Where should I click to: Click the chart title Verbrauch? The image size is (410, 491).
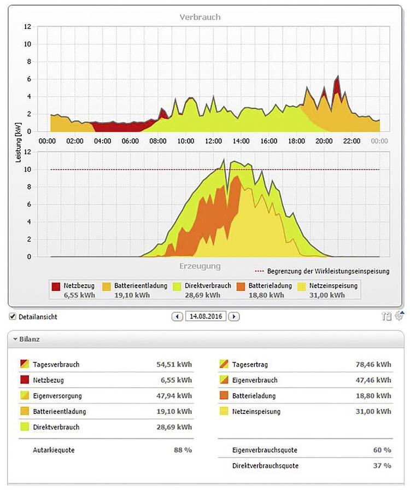pos(200,17)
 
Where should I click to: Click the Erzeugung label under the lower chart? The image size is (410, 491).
pos(200,266)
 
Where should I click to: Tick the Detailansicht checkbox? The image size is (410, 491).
pos(13,317)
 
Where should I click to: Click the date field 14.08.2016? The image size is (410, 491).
pos(207,317)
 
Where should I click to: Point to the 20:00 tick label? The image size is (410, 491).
pos(324,141)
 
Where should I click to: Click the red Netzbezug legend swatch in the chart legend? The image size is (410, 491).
pos(56,286)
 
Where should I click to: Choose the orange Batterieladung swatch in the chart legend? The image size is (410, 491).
pos(241,286)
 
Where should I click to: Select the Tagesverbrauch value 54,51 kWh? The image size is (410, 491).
pos(173,365)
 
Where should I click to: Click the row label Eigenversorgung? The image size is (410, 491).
pos(56,396)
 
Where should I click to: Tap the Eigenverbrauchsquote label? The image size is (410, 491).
pos(265,450)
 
